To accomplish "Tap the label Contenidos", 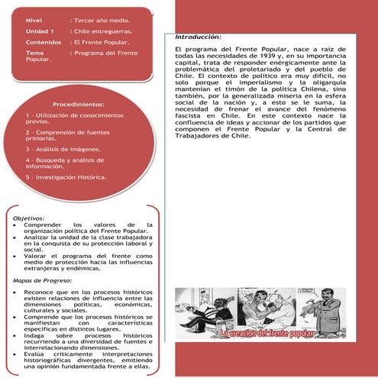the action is click(x=42, y=42).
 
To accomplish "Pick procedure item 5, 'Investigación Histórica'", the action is click(x=66, y=177).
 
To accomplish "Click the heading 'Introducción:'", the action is click(x=198, y=37).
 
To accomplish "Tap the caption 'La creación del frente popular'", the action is click(x=273, y=333).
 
